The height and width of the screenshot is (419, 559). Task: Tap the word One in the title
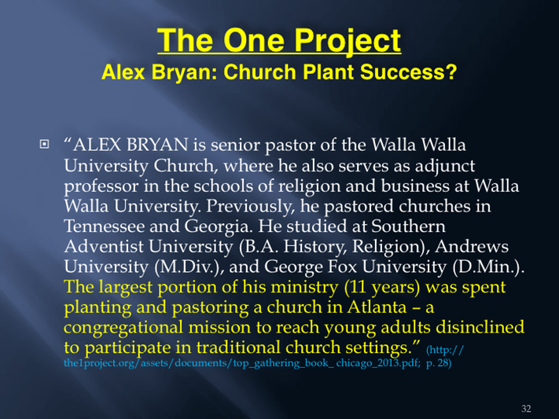click(254, 40)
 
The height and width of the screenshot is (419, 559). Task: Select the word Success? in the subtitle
click(409, 72)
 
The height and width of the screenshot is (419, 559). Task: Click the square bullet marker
click(44, 145)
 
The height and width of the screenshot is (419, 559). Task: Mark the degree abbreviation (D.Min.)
click(488, 267)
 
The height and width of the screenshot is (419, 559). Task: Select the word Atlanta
click(377, 307)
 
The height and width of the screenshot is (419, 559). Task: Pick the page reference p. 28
click(439, 363)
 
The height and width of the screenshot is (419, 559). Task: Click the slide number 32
click(526, 409)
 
